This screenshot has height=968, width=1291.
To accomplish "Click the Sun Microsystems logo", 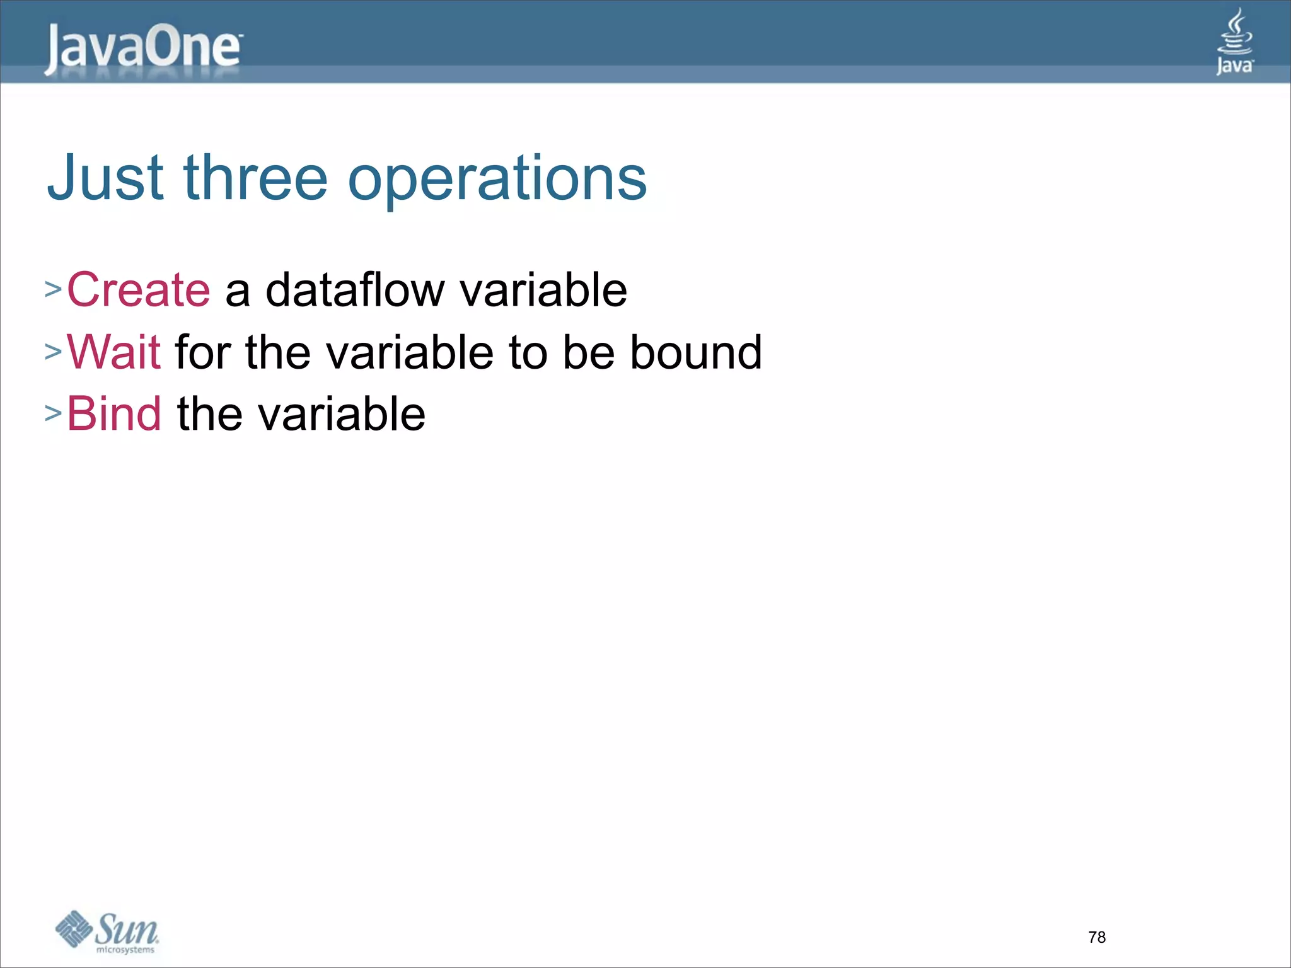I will pos(107,931).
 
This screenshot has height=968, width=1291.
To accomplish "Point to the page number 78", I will pos(1097,937).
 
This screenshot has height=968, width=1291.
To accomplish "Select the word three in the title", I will pos(255,178).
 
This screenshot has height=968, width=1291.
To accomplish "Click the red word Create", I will pos(138,290).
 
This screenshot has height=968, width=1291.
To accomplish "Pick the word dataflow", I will pos(355,290).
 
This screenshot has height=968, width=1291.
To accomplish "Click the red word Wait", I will pos(113,352).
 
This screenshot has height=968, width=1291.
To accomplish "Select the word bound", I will pos(696,352).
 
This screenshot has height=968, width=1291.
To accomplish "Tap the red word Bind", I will pos(114,414).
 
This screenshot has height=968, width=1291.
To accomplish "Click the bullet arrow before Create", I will pos(53,290).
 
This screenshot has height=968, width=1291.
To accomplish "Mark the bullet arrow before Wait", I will pos(53,352).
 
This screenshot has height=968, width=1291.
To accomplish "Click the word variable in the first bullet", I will pos(543,290).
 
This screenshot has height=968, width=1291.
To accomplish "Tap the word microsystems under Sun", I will pos(125,950).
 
